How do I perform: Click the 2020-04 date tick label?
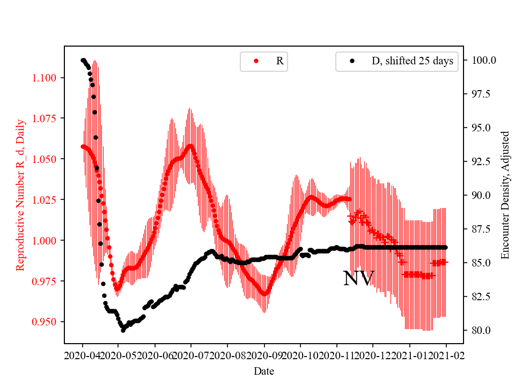coord(83,355)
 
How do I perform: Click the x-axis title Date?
coord(264,371)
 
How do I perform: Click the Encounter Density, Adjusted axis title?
coord(504,195)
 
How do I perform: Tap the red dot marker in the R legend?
coord(256,61)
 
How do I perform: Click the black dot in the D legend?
coord(352,61)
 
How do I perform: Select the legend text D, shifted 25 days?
coord(412,61)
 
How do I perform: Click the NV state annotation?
coord(358,279)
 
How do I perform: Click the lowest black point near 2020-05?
coord(123,330)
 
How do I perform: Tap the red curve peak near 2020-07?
coord(190,145)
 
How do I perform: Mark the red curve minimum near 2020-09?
coord(264,294)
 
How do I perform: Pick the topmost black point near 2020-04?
coord(83,60)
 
